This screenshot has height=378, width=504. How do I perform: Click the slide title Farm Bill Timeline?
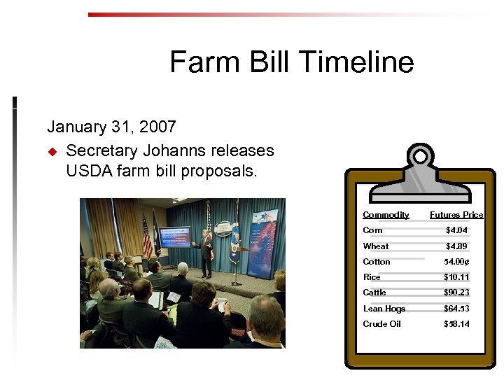tap(291, 62)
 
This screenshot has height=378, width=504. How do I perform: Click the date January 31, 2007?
tap(111, 127)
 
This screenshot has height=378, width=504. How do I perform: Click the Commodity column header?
tap(386, 215)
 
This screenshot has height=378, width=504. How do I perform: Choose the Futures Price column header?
tap(456, 215)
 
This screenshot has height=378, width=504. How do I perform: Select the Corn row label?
tap(372, 230)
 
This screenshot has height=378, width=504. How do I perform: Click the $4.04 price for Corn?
tap(456, 230)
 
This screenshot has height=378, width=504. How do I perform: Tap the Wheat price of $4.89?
tap(456, 246)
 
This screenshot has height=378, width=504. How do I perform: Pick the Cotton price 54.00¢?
tap(456, 262)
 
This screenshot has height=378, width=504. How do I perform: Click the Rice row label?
tap(372, 277)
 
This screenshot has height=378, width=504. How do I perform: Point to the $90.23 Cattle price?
tap(456, 293)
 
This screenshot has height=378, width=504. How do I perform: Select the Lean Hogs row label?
tap(384, 309)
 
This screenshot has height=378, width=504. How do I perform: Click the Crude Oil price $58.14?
tap(456, 324)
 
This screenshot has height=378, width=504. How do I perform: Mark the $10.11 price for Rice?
tap(456, 277)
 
